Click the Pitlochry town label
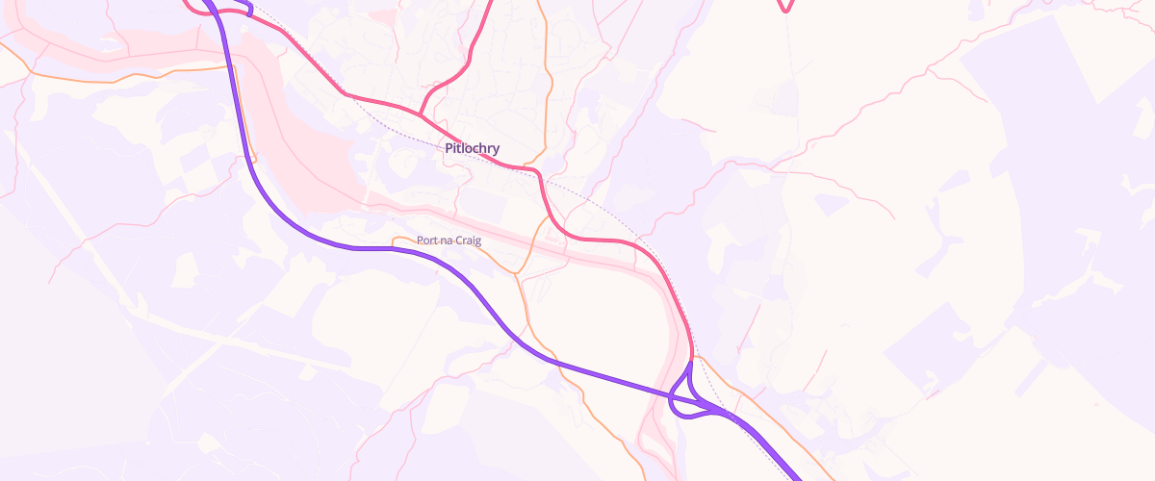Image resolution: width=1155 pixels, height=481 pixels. point(472,148)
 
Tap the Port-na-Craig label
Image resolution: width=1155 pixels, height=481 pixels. point(449,240)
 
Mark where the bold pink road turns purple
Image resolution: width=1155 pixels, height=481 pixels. point(691,358)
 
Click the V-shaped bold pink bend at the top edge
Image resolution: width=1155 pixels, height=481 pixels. point(785,11)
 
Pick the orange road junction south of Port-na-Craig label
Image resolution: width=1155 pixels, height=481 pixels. point(517,275)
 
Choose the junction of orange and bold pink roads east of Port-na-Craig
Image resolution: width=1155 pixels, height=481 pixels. point(550,218)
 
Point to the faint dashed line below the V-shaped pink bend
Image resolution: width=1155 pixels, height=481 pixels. point(789,58)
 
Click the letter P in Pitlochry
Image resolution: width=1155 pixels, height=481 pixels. point(449,148)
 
